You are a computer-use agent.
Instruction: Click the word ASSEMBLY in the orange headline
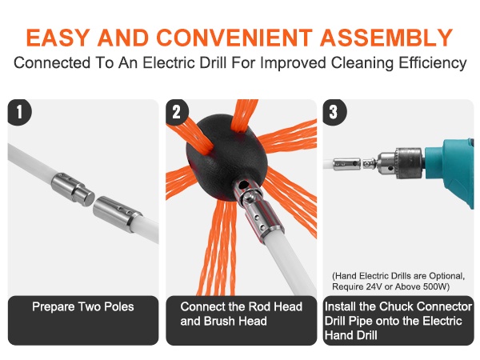[x=386, y=38]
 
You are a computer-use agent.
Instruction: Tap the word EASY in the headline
[x=58, y=38]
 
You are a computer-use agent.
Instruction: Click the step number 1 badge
[x=19, y=112]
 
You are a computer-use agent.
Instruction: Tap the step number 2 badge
[x=177, y=112]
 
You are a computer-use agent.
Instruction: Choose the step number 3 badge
[x=334, y=112]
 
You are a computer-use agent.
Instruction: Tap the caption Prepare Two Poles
[x=83, y=306]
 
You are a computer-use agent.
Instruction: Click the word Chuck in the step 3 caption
[x=397, y=306]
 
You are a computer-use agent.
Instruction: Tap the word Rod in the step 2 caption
[x=260, y=306]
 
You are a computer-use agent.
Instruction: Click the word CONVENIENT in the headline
[x=234, y=38]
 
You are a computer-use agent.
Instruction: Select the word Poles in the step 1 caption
[x=119, y=306]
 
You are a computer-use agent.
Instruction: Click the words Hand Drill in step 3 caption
[x=351, y=335]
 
